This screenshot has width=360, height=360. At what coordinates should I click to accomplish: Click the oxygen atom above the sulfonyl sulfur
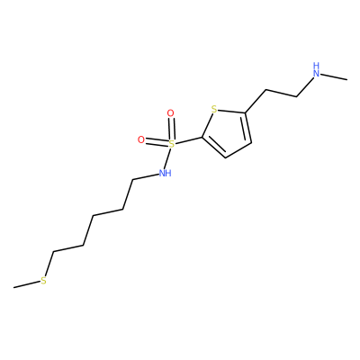coord(170,113)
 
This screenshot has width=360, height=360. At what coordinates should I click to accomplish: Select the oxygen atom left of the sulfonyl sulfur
coord(141,139)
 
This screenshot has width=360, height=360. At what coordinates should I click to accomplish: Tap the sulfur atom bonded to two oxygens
coord(171,144)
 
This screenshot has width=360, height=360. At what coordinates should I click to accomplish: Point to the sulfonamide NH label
coord(165,173)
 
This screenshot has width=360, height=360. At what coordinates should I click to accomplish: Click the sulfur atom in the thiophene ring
coord(214,109)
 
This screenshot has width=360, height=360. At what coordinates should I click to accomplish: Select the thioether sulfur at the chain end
coord(44,281)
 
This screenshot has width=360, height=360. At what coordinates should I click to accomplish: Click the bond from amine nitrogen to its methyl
coord(334,76)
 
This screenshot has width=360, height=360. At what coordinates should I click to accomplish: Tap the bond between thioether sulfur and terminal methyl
coord(27,284)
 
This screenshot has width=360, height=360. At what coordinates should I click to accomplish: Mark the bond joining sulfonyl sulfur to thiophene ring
coord(189,140)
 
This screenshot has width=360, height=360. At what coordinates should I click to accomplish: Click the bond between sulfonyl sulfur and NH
coord(169,158)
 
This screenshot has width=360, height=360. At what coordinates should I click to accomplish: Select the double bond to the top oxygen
coord(171,129)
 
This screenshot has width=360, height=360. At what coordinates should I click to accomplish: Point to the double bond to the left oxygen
coord(157,142)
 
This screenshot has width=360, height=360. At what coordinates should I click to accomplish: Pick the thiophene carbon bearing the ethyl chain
coord(246,113)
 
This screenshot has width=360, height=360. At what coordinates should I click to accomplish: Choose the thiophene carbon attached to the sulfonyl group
coord(202,138)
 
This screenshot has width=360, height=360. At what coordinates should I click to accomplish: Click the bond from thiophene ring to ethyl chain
coord(256,101)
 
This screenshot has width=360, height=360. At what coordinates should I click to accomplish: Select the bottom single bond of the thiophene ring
coord(238,149)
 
